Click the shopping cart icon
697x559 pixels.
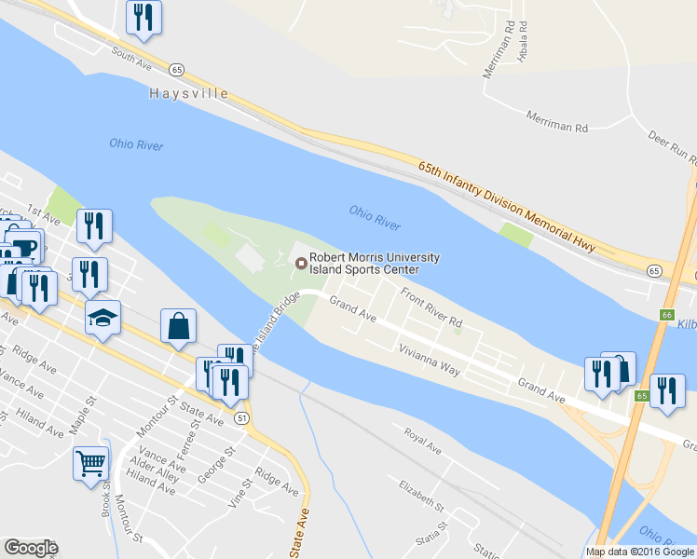tap(90, 462)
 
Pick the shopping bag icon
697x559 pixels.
tap(178, 326)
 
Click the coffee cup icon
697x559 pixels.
tap(25, 246)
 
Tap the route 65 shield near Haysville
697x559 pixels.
tap(177, 69)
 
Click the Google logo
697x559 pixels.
tap(31, 548)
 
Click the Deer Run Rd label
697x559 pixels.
tap(673, 148)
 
